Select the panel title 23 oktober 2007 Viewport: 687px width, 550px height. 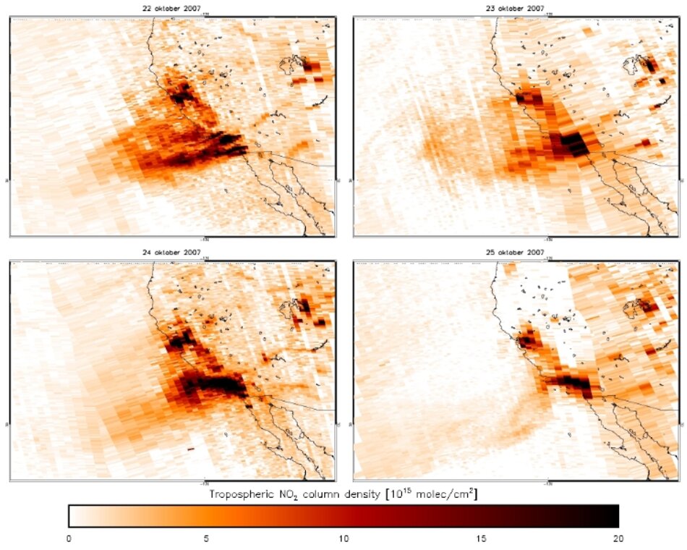click(x=517, y=9)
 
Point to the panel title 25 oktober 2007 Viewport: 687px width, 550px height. click(x=517, y=253)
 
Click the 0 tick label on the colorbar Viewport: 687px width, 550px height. click(x=69, y=538)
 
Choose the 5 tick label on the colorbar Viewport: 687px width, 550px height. click(x=206, y=538)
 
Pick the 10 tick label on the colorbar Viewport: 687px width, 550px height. click(x=343, y=538)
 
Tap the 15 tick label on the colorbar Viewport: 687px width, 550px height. click(x=481, y=538)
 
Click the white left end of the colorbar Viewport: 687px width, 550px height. click(x=74, y=515)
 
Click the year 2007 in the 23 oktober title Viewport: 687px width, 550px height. click(x=535, y=9)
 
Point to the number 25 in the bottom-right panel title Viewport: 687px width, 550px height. click(x=500, y=253)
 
